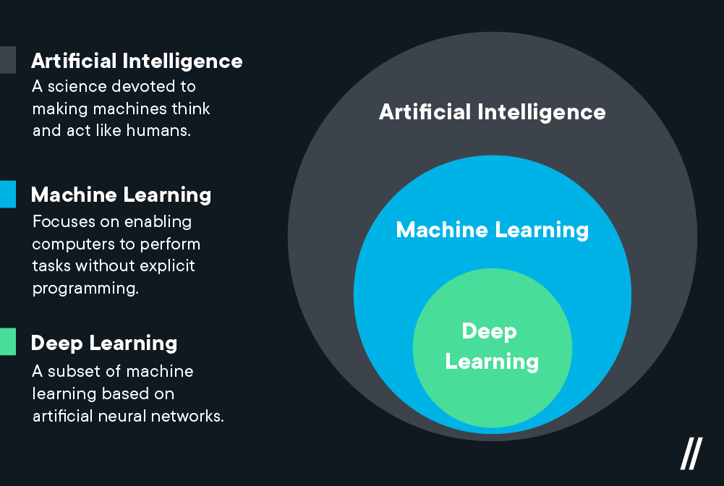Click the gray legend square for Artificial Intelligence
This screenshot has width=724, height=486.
7,60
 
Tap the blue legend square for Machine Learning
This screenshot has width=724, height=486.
7,195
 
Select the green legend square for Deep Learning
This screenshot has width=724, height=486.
7,342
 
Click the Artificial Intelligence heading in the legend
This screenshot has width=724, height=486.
137,61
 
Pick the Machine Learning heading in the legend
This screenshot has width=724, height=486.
121,195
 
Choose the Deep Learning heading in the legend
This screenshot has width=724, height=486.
103,343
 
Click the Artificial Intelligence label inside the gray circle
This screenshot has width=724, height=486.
493,112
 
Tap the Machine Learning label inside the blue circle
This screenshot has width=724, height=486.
493,230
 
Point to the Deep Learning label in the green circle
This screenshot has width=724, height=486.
491,346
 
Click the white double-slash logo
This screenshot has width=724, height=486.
690,454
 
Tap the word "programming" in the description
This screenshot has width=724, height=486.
85,289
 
